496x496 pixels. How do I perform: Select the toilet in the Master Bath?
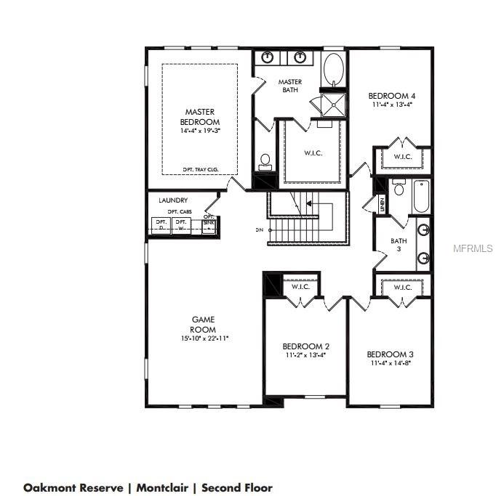(x=265, y=161)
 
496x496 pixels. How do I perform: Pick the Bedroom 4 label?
(x=391, y=96)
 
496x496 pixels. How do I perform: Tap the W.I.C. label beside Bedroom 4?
(x=403, y=157)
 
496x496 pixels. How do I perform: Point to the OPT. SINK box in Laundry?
(x=209, y=224)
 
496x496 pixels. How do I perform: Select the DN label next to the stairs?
(x=260, y=230)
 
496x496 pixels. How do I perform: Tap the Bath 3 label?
(x=398, y=245)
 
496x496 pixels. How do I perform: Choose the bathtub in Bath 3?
(x=421, y=196)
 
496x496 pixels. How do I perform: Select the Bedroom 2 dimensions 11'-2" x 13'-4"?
(x=305, y=356)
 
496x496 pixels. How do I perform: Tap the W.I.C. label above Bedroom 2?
(x=300, y=287)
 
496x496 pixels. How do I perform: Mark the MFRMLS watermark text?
(x=473, y=248)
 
